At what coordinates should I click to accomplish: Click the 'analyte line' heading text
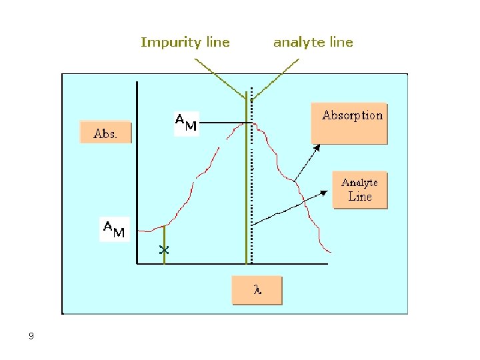click(x=313, y=43)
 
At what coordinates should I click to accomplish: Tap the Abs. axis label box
click(x=105, y=133)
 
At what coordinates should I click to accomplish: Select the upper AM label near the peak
click(x=186, y=123)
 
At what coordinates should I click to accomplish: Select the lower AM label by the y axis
click(x=113, y=229)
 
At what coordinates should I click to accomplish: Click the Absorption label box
click(x=349, y=123)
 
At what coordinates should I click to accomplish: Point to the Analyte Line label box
click(x=360, y=190)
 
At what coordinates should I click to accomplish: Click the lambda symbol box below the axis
click(x=257, y=291)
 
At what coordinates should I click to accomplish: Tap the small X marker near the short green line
click(x=164, y=251)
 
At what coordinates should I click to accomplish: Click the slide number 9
click(x=31, y=336)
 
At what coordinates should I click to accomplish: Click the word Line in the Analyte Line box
click(x=360, y=197)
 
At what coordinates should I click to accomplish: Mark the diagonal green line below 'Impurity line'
click(x=220, y=77)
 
